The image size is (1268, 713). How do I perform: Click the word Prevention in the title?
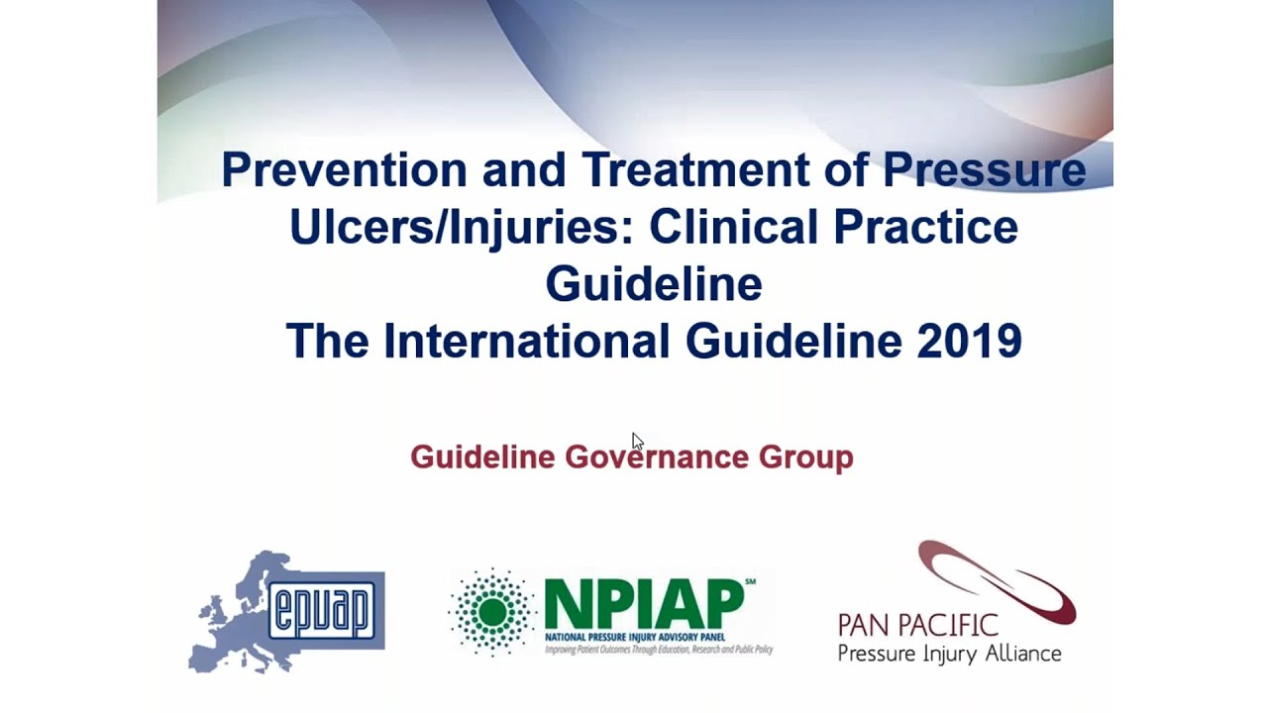point(344,169)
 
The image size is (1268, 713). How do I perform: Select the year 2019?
point(969,342)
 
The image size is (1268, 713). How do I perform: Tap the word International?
point(526,342)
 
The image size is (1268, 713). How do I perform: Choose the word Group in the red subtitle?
point(805,458)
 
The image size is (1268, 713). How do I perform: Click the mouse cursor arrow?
point(637,442)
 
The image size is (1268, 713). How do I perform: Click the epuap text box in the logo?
point(327,608)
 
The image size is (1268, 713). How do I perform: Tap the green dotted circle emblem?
point(492,612)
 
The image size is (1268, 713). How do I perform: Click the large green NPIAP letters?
point(644,603)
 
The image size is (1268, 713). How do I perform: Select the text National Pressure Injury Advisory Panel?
point(635,636)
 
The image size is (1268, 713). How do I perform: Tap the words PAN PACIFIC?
point(917,625)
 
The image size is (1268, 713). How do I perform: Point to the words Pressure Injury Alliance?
point(949,654)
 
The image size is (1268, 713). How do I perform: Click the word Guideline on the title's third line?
point(653,284)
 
